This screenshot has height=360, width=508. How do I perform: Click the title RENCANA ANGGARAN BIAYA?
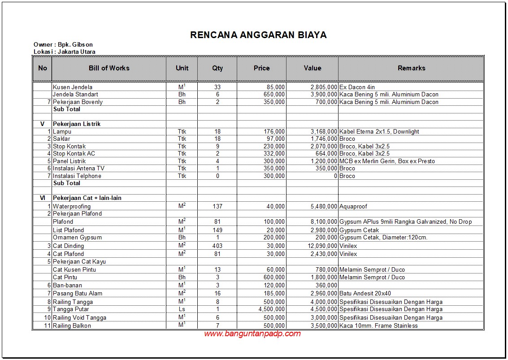(258, 35)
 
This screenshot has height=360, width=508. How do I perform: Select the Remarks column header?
(411, 68)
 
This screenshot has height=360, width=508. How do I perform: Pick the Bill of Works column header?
(109, 68)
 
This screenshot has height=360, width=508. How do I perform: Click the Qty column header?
(217, 68)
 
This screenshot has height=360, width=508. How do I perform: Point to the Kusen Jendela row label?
(73, 87)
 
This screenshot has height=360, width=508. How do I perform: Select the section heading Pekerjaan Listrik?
(77, 124)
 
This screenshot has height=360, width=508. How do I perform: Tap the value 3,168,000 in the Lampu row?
(323, 132)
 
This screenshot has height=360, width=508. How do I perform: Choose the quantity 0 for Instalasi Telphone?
(217, 176)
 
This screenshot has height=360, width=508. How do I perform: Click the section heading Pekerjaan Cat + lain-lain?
(87, 198)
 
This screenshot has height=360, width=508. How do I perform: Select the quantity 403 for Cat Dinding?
(217, 246)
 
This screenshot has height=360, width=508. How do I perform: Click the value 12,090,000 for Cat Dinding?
(321, 246)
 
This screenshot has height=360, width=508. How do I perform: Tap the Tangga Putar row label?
(71, 309)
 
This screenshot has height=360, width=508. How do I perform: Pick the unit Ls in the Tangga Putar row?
(182, 309)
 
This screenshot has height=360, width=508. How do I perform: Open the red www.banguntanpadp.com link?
(252, 334)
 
